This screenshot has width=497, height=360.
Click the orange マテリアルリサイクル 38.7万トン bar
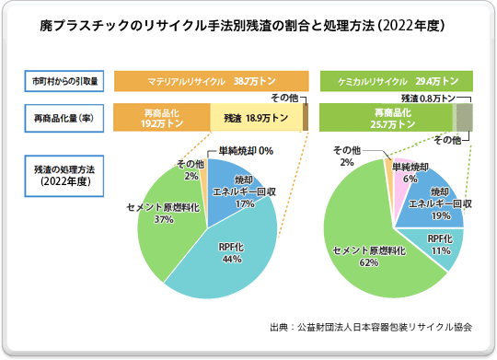(210, 81)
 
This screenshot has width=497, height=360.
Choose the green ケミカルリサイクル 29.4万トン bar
(396, 81)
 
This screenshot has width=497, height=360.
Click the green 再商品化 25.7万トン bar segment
(384, 118)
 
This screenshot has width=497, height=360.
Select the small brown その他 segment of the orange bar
(306, 118)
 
